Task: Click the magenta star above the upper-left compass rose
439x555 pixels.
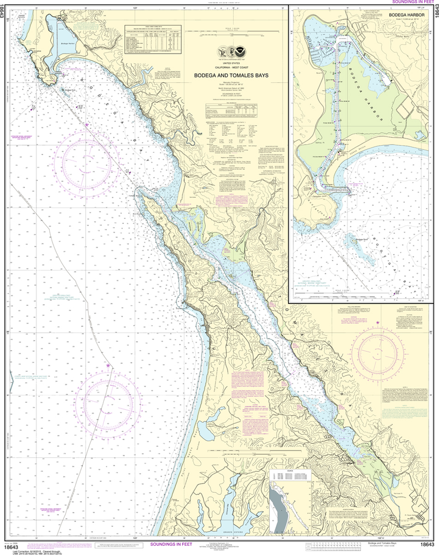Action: [87, 125]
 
